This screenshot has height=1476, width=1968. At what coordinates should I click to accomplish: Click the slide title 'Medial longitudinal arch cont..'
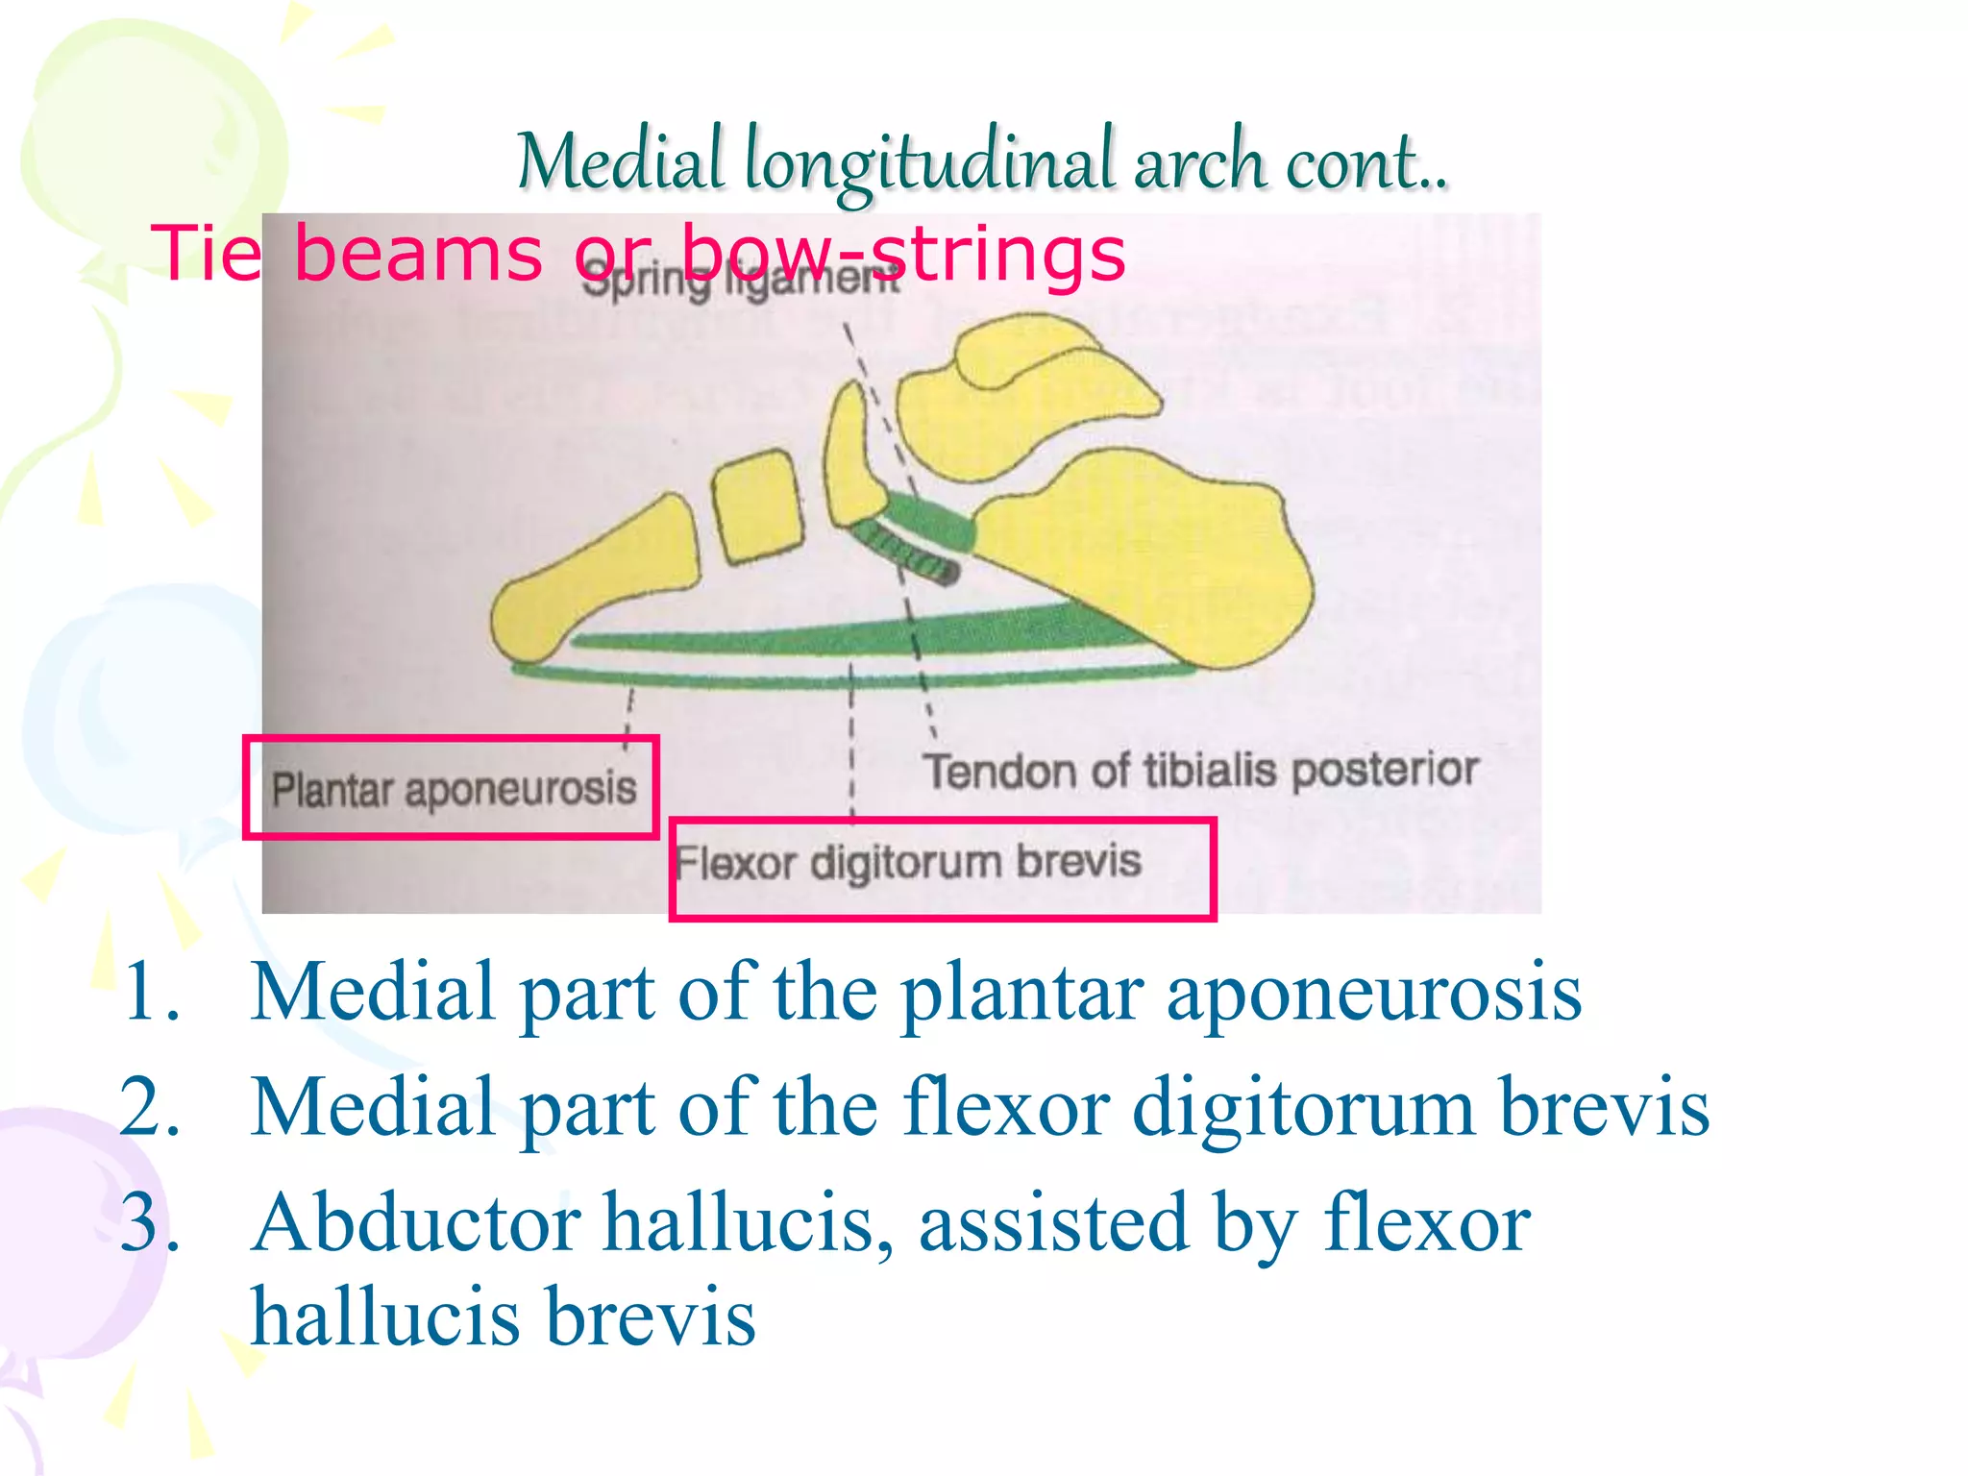(981, 161)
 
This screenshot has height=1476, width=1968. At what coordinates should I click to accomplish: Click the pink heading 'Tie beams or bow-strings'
(638, 253)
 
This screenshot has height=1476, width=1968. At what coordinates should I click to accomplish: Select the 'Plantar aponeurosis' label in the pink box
(454, 789)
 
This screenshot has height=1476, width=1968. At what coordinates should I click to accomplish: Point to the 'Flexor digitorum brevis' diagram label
(908, 862)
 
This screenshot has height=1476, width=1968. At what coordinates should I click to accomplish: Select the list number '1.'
(151, 991)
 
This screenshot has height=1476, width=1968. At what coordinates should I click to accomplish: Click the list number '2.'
(151, 1106)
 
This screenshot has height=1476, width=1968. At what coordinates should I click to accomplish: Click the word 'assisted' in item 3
(1053, 1222)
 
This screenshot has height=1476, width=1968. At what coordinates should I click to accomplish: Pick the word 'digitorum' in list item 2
(1303, 1106)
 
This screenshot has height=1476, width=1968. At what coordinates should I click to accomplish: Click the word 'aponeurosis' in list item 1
(1374, 993)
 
